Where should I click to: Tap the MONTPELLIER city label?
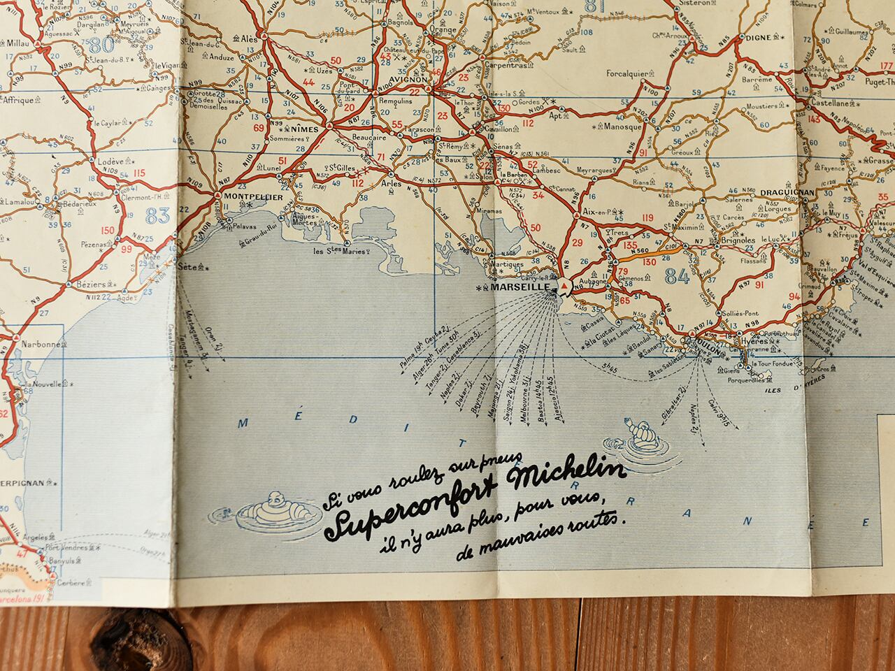coord(252,197)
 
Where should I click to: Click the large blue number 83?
coord(158,215)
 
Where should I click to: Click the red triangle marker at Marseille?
coord(564,287)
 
